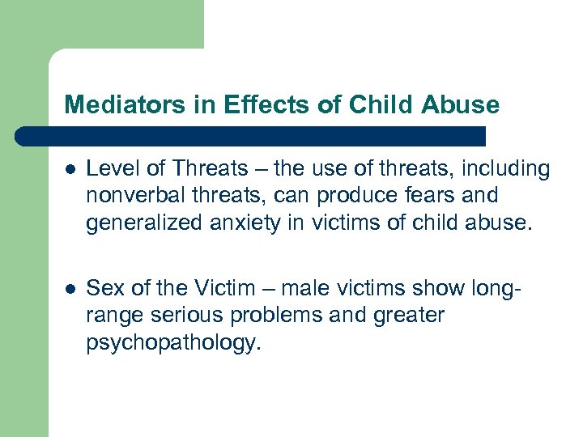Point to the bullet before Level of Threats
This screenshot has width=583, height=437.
coord(71,170)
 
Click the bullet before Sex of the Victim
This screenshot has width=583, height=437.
coord(71,289)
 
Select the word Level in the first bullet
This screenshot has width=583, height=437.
coord(109,168)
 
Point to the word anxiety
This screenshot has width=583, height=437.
coord(237,223)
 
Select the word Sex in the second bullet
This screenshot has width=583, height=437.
coord(103,288)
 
